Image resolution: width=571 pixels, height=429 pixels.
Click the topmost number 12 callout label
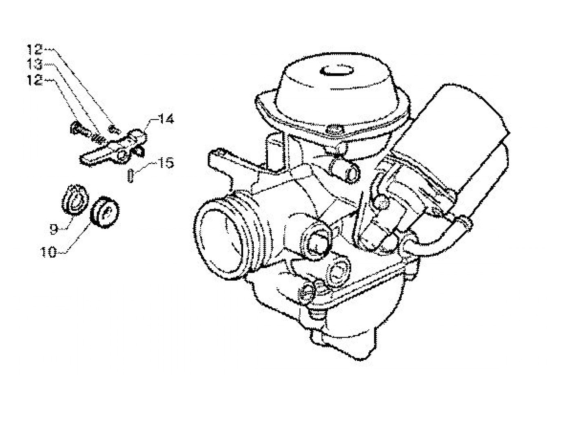tap(35, 50)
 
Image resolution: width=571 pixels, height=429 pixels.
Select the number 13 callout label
tap(35, 64)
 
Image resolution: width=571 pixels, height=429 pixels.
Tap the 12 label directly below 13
tap(35, 80)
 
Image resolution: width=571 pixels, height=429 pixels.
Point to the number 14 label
tap(166, 119)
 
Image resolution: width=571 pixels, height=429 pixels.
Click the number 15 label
tap(165, 163)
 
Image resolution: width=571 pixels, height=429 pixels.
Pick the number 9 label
tap(54, 229)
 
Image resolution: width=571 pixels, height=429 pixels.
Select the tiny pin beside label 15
tap(130, 177)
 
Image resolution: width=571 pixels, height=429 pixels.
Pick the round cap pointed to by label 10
tap(104, 211)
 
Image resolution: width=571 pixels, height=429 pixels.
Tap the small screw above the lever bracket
tap(115, 130)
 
